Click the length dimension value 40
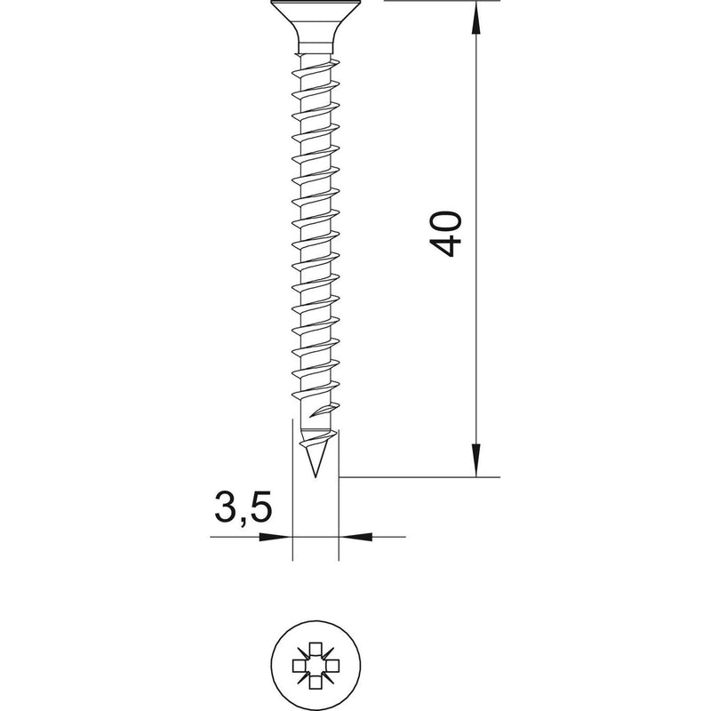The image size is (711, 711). (446, 234)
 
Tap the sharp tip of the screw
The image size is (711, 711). (316, 476)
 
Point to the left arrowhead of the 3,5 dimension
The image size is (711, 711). (276, 537)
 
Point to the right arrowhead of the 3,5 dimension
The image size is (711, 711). (356, 537)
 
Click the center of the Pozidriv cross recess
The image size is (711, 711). (316, 666)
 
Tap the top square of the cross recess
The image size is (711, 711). (316, 649)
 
